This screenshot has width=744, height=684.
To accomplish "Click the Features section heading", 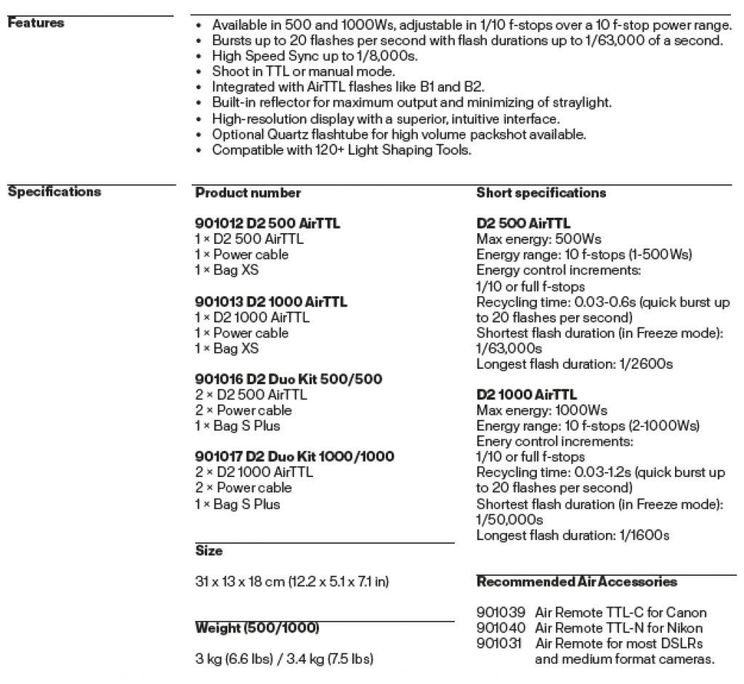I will pos(36,23).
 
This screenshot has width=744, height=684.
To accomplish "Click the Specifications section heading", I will pos(54,192).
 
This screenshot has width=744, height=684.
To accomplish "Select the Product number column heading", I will pos(248,193).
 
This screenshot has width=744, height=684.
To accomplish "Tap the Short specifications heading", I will pos(541,193).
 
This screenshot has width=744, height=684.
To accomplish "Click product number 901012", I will pos(217,224).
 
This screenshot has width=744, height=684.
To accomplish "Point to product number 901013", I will pos(217,302).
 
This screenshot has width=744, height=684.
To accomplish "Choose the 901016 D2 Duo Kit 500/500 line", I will pos(288,379).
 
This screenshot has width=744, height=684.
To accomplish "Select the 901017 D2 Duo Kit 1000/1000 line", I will pos(294,457).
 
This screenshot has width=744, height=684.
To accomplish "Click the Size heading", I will pos(209,551).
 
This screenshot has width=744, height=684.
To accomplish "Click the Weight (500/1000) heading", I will pos(257,627).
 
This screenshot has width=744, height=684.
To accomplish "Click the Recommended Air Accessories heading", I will pos(577,582).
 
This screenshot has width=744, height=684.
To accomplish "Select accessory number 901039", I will pos(499,613).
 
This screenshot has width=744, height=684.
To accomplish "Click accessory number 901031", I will pos(499,643).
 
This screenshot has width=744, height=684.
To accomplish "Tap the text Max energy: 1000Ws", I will pos(542,410).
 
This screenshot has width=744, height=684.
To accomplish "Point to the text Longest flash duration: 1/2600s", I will pos(574,364).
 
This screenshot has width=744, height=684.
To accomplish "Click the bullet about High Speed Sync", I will pos(315,56).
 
